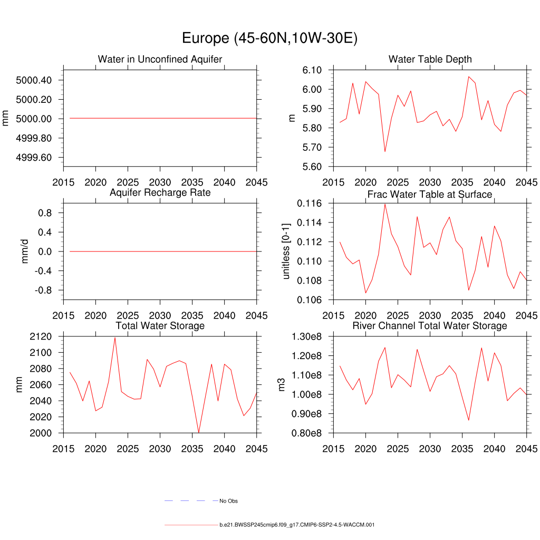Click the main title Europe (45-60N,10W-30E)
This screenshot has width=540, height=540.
point(269,38)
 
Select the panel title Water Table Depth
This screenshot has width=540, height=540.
point(430,59)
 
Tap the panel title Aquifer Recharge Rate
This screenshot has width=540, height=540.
point(160,192)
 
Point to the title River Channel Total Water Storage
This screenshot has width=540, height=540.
point(430,326)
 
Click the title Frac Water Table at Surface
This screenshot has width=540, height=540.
point(430,195)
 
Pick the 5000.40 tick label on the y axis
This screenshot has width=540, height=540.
point(34,80)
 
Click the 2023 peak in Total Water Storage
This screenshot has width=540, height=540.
point(115,337)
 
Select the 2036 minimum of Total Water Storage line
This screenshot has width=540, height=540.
point(199,432)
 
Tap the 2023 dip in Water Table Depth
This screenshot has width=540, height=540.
point(385,151)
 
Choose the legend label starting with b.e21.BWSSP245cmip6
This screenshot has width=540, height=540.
point(297,525)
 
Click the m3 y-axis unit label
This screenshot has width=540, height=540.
point(282,384)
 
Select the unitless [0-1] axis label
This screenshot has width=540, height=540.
point(287,251)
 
